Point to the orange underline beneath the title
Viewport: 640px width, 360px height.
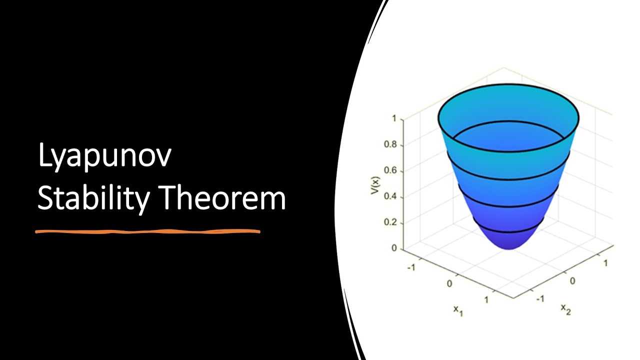[148, 231]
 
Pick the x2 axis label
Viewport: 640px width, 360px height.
[565, 309]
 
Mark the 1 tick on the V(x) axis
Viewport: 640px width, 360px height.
[394, 119]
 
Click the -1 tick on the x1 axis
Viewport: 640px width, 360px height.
[411, 267]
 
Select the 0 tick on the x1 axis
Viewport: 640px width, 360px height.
[449, 283]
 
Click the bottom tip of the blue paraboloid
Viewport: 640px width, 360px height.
[508, 248]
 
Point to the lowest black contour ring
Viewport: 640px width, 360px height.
[508, 232]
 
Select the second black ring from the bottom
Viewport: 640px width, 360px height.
[508, 206]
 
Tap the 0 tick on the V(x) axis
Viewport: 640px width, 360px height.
[394, 248]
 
